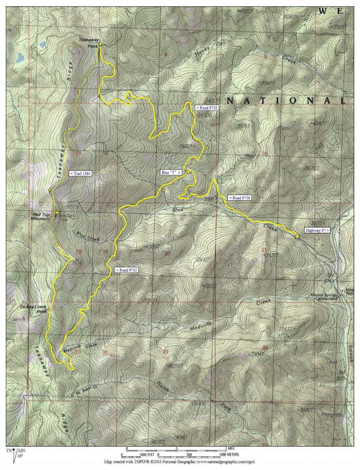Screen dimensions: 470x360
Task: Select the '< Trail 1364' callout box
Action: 80,173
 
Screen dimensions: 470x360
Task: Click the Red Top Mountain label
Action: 40,216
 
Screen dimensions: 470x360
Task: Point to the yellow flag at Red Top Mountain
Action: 57,213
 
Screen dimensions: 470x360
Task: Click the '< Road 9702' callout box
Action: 127,270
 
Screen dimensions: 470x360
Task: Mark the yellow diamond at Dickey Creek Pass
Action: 50,310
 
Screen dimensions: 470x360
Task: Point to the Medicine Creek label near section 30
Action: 80,347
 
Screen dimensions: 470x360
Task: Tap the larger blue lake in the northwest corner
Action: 20,58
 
